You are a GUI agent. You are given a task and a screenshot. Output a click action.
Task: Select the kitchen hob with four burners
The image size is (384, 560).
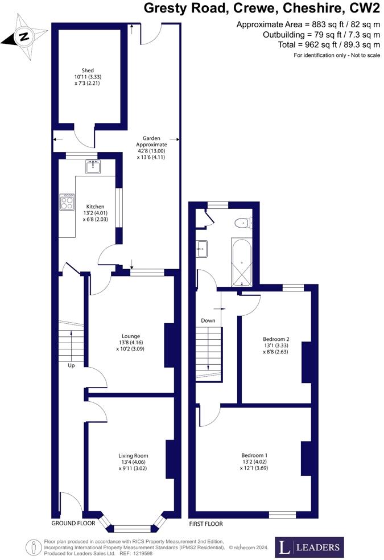67,202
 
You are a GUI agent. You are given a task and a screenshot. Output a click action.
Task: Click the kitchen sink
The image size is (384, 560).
93,167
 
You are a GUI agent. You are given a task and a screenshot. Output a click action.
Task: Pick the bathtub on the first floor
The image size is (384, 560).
242,262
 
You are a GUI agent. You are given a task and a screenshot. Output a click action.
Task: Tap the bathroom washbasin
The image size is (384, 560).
201,248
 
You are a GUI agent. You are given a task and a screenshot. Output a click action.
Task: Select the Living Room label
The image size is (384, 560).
133,455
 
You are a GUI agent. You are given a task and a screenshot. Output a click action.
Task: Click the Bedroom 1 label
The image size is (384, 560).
254,455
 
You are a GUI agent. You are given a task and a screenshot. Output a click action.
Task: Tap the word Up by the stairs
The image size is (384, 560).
71,365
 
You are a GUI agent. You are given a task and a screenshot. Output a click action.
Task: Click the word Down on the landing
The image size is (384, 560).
208,320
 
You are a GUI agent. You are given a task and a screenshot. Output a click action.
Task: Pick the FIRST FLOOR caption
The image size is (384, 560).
206,524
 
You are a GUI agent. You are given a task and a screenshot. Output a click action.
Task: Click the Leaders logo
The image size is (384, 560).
309,547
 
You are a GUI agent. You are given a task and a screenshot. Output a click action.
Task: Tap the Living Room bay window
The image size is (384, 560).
131,527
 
